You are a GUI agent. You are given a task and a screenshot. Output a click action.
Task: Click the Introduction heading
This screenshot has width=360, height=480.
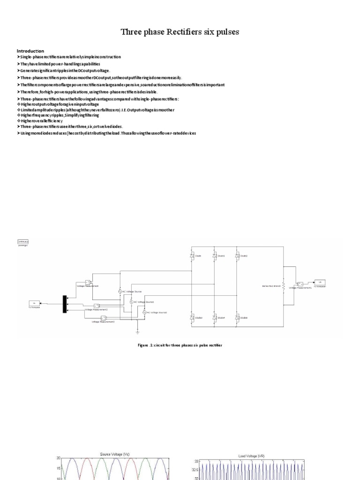30,51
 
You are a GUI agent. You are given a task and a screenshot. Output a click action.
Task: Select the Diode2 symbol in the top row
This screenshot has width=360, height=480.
238,255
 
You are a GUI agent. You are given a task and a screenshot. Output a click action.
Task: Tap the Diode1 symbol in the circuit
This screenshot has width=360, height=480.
214,255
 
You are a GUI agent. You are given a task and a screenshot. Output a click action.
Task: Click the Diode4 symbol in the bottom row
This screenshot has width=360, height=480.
214,317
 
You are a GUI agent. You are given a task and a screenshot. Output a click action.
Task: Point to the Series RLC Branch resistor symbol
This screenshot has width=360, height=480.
283,285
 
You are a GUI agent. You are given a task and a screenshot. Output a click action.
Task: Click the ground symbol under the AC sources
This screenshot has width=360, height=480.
137,332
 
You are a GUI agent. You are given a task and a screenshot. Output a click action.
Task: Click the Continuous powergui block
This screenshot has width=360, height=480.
23,241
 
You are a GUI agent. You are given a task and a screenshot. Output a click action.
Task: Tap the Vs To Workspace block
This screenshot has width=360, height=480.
34,303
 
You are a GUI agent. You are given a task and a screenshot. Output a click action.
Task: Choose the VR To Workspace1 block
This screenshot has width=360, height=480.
319,282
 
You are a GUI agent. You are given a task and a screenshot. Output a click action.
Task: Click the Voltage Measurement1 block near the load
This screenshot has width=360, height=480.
300,284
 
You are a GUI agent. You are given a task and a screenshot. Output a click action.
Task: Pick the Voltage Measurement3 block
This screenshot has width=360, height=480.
103,318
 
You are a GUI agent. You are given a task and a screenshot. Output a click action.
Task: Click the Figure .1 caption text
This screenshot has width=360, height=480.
180,345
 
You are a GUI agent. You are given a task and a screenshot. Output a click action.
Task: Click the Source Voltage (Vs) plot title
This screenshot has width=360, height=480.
114,454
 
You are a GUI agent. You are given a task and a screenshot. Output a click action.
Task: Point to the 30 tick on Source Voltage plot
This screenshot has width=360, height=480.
59,457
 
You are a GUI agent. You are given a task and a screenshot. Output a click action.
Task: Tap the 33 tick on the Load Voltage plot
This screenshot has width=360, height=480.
197,462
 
